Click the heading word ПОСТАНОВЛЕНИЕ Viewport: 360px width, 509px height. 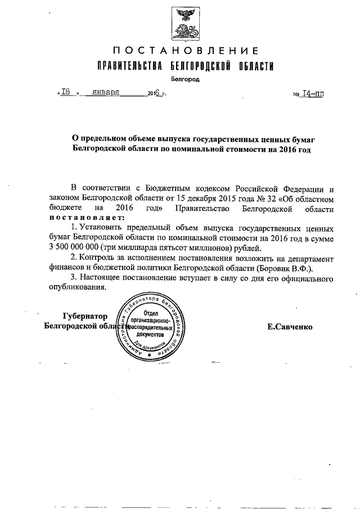[184, 52]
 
